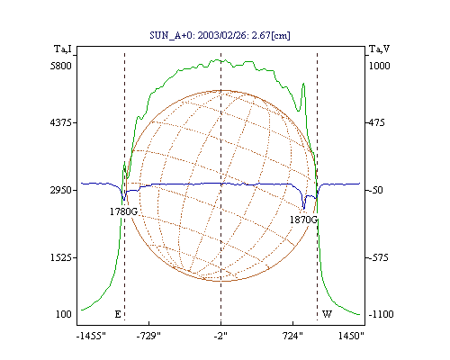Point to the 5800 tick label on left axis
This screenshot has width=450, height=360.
pyautogui.click(x=61, y=66)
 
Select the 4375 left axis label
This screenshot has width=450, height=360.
pyautogui.click(x=61, y=122)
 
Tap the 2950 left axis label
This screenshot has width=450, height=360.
pyautogui.click(x=61, y=190)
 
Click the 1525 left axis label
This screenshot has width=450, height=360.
pyautogui.click(x=61, y=257)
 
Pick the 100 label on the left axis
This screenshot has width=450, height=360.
pyautogui.click(x=64, y=314)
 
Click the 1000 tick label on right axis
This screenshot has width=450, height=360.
pyautogui.click(x=379, y=66)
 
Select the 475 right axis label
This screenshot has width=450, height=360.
pyautogui.click(x=376, y=122)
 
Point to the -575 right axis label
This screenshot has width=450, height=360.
pyautogui.click(x=379, y=257)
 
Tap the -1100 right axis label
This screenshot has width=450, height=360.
pyautogui.click(x=381, y=314)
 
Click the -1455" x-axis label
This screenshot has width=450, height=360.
pyautogui.click(x=91, y=336)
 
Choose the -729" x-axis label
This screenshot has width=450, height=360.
pyautogui.click(x=148, y=336)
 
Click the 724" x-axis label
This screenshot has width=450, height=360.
pyautogui.click(x=293, y=336)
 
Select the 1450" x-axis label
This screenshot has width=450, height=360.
pyautogui.click(x=351, y=336)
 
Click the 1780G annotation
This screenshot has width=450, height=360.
pyautogui.click(x=123, y=211)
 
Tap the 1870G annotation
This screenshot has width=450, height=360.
pyautogui.click(x=303, y=220)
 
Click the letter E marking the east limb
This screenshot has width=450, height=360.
pyautogui.click(x=118, y=314)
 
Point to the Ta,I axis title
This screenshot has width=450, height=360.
pyautogui.click(x=63, y=49)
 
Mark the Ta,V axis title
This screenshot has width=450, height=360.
pyautogui.click(x=379, y=49)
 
